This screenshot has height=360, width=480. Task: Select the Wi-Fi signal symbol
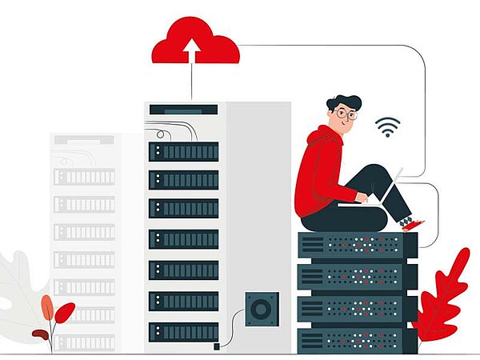pos(388,126)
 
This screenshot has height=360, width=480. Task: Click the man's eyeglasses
pos(346,114)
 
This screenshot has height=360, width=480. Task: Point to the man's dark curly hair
pos(343,102)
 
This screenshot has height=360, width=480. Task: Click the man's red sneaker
pos(414,226)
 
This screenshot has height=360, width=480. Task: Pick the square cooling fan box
pos(260,307)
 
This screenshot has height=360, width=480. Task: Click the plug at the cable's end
pos(216,346)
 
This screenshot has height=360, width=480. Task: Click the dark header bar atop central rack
pos(183,110)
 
